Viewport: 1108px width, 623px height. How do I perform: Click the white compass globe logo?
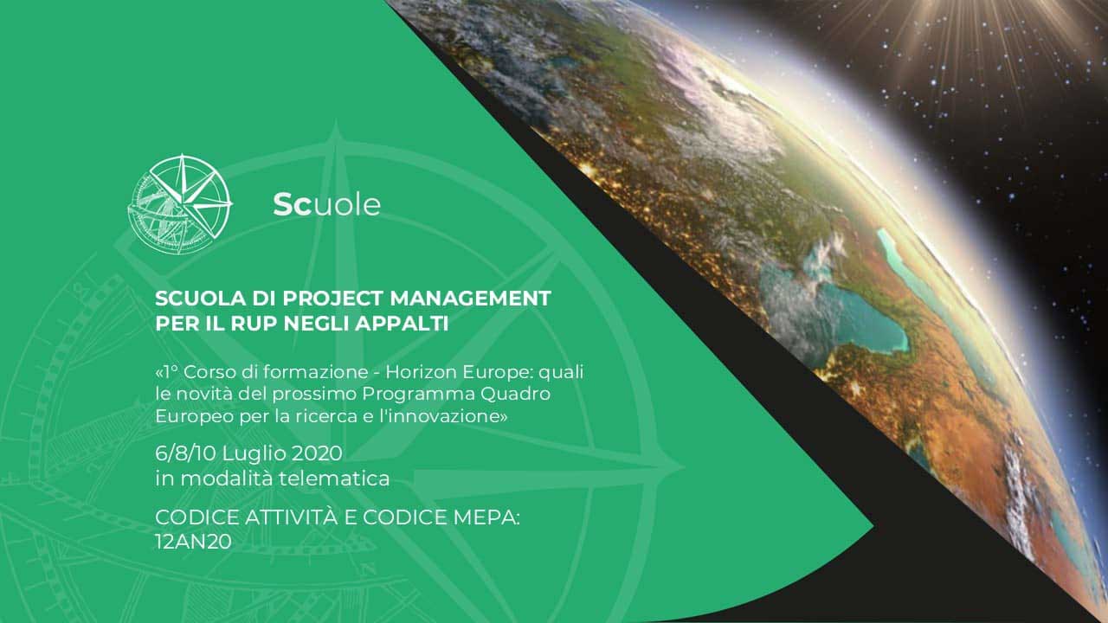click(x=180, y=204)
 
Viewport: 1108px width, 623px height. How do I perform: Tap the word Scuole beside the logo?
click(x=327, y=205)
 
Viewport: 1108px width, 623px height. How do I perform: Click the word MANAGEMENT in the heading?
click(x=470, y=299)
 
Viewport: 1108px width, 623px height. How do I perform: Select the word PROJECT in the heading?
click(x=333, y=299)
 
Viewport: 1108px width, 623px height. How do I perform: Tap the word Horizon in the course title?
click(x=421, y=372)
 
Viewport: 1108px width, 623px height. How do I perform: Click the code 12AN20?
click(x=193, y=542)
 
